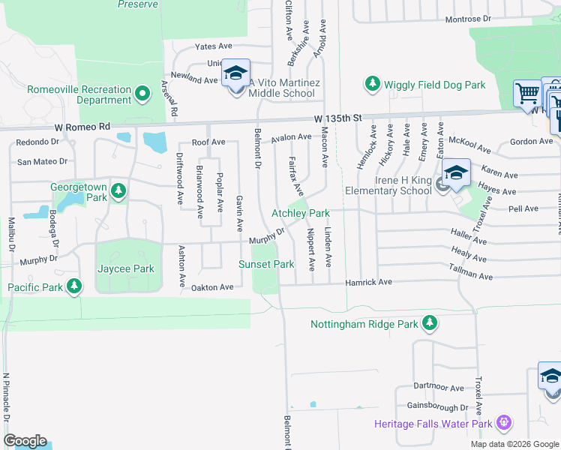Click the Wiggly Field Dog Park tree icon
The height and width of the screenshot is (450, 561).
pos(373,84)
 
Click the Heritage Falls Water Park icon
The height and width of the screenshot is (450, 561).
pos(503,424)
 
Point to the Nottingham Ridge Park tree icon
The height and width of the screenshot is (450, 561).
pos(429,323)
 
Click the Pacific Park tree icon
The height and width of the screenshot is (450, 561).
pos(73,286)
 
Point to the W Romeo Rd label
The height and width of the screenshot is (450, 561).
pos(85,126)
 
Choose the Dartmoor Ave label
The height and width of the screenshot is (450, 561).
pos(439,388)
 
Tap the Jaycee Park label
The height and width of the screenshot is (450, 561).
pos(125,268)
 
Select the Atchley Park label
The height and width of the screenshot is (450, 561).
pos(300,214)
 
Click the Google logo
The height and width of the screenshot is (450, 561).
pos(25,441)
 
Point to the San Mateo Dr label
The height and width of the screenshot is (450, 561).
pos(42,161)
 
